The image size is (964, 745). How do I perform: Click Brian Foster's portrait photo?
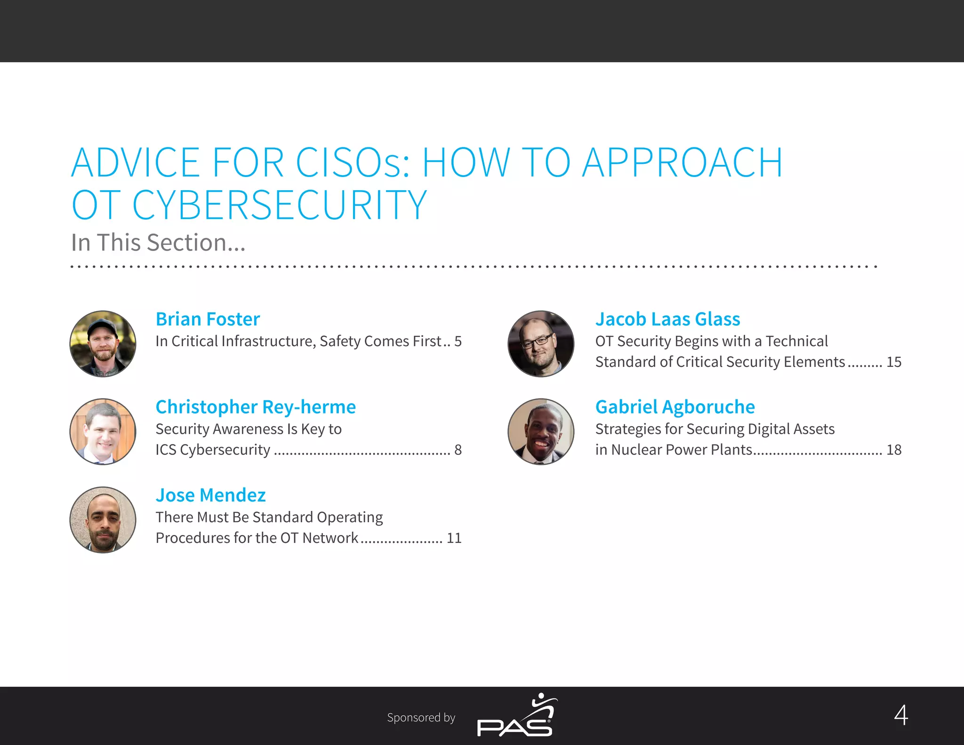[x=103, y=344]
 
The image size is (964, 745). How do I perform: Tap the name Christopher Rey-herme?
[x=256, y=407]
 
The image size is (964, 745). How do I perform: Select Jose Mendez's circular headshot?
[x=103, y=520]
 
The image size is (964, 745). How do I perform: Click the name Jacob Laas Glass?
[x=667, y=319]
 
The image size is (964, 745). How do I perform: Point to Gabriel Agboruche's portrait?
[x=541, y=432]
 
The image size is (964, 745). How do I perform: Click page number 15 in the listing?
[x=893, y=362]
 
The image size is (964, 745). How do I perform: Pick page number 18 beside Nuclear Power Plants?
[x=893, y=450]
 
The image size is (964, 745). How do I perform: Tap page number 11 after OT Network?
[x=454, y=538]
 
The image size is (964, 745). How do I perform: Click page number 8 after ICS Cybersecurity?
[x=458, y=450]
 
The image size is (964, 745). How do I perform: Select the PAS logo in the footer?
[x=517, y=716]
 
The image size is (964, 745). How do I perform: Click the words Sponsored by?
[x=421, y=718]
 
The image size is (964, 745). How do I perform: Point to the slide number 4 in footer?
[x=901, y=715]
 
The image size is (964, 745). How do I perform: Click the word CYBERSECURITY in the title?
[x=280, y=205]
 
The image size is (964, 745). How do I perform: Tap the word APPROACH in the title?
[x=683, y=163]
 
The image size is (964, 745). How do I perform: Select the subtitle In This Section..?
[x=158, y=243]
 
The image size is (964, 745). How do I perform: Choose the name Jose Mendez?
[x=210, y=495]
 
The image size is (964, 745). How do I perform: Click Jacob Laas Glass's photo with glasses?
[x=541, y=344]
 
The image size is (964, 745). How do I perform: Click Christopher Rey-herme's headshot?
[x=103, y=432]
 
